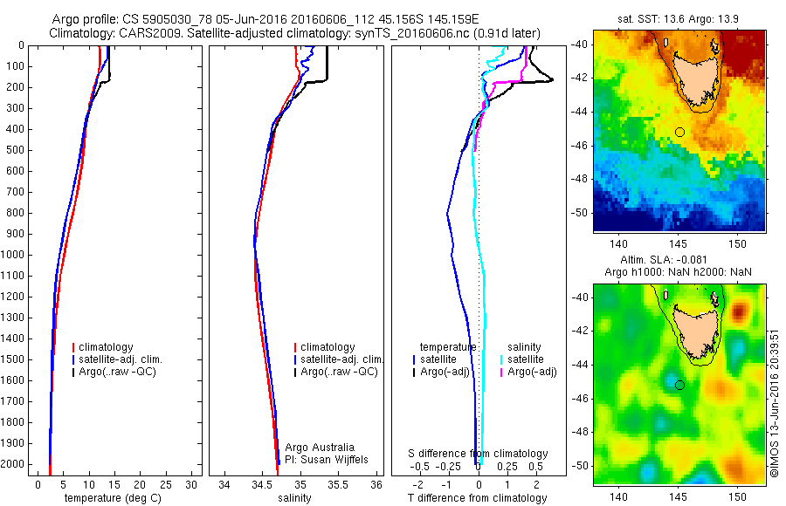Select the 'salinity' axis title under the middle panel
(293, 498)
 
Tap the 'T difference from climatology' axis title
(477, 498)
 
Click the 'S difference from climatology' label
(479, 454)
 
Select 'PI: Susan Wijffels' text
(322, 460)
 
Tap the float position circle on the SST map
(679, 132)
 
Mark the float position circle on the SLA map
(679, 385)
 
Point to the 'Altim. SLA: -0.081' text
(679, 259)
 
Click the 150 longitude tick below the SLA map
(738, 495)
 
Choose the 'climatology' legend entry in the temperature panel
(108, 347)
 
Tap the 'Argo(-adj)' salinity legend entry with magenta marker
(532, 373)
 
